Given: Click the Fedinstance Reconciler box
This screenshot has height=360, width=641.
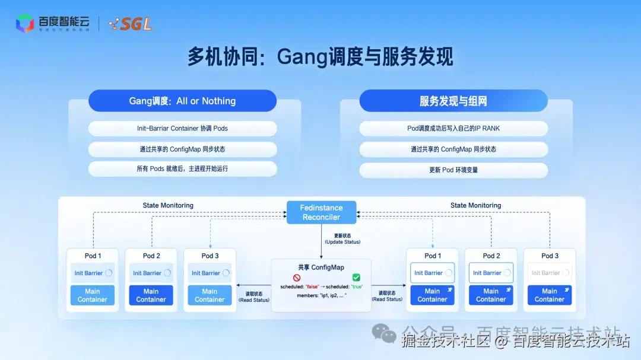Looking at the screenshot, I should (322, 212).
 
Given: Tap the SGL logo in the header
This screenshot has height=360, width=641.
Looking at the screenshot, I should (130, 24).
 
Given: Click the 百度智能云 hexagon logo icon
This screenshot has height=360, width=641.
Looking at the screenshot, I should (25, 23).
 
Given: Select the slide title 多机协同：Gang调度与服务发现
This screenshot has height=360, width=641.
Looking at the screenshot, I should (320, 57).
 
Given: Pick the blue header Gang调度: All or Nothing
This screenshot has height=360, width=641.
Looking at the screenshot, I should (182, 101).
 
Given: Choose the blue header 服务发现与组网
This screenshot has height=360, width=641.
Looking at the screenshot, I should (453, 101).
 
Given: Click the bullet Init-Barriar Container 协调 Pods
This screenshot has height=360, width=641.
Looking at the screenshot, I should (182, 128).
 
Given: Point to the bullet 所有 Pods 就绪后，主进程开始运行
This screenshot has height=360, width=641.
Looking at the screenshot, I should (182, 168).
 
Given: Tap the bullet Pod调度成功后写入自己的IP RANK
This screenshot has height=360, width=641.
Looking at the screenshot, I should (453, 128).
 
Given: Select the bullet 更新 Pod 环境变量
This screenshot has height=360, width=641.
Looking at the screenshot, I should (453, 170).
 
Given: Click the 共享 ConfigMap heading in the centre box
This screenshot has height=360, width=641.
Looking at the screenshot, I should (321, 267).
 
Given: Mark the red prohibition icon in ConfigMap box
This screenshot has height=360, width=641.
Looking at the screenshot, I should (297, 278).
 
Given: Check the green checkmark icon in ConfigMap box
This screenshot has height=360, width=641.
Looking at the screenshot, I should (356, 278).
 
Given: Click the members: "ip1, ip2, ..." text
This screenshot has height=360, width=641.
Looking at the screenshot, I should (321, 295).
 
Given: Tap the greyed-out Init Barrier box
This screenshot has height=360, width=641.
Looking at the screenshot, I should (550, 273).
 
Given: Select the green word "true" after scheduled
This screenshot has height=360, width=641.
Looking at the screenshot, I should (357, 287).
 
